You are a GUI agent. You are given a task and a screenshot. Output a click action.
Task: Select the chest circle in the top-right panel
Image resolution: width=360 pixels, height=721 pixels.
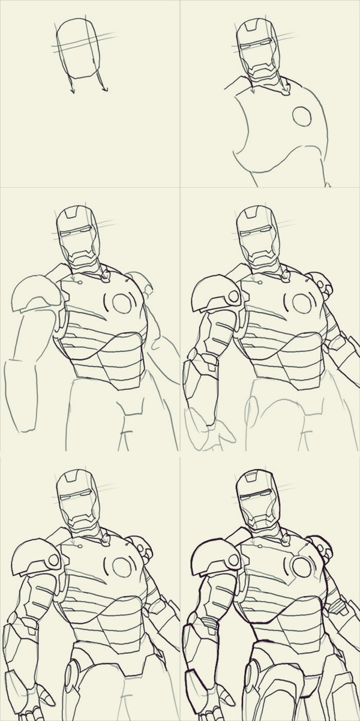[x=302, y=116]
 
